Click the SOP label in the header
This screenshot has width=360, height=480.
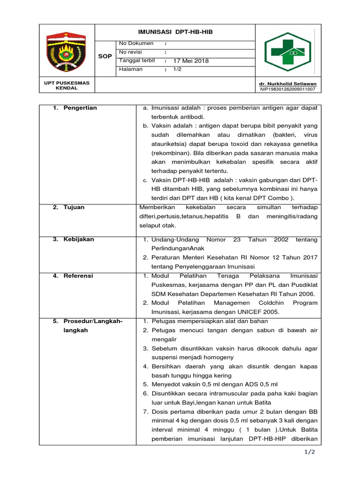105,56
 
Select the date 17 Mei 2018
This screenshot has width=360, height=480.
191,61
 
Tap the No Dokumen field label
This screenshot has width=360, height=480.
136,43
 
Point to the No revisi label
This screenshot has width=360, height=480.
130,52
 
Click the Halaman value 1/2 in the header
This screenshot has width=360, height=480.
177,69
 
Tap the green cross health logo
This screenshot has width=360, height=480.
287,52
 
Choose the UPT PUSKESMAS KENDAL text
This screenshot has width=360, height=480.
67,85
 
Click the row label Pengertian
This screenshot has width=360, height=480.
80,108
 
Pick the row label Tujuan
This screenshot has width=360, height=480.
74,207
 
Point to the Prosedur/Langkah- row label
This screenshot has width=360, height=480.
93,321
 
